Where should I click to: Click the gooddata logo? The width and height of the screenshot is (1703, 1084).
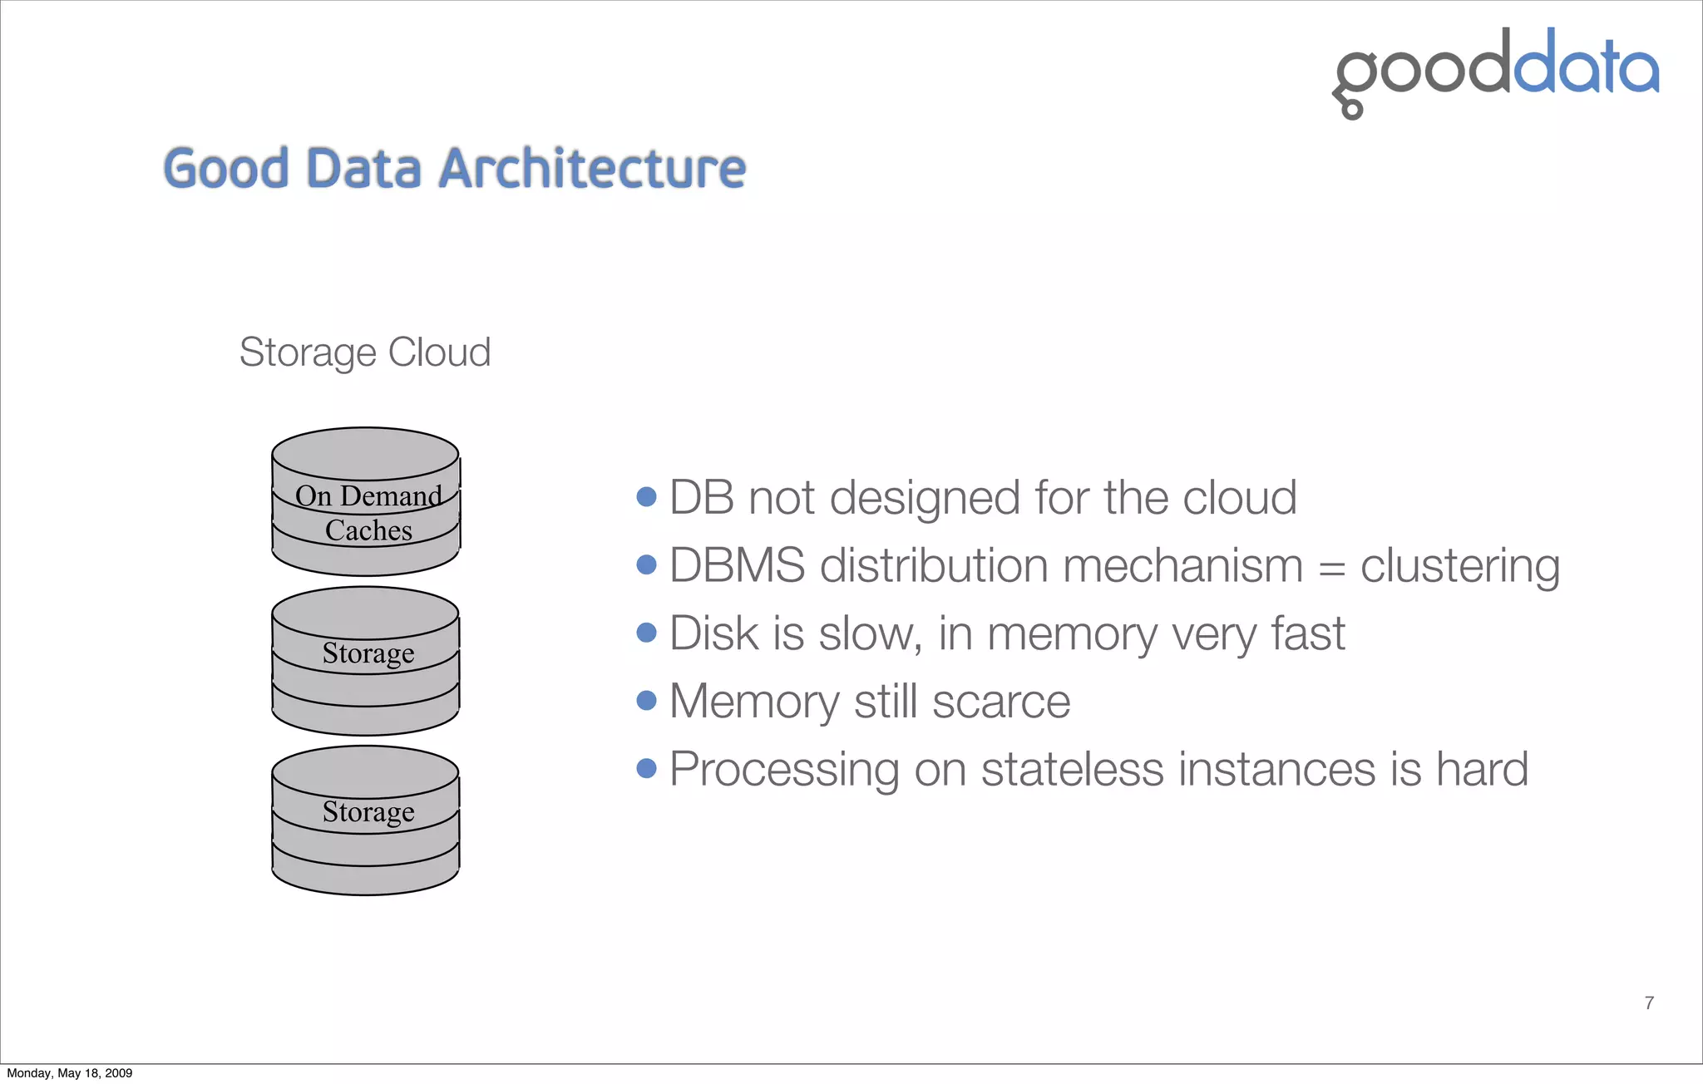point(1494,71)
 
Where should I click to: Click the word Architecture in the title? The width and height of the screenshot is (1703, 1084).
point(591,169)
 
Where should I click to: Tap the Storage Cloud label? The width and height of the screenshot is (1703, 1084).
point(364,352)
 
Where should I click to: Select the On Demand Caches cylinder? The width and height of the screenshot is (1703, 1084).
point(365,502)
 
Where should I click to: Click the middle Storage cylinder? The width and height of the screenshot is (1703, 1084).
point(365,661)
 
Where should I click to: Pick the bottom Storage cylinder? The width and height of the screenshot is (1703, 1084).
point(365,820)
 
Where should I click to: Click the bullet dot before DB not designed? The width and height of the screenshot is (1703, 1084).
point(646,497)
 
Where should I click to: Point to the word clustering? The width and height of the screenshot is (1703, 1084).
point(1459,566)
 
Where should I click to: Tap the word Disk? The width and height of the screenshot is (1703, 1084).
point(713,633)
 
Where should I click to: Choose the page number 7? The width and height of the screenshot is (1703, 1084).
point(1649,1003)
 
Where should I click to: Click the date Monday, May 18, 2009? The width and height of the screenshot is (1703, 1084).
point(70,1073)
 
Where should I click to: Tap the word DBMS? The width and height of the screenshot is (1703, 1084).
point(737,566)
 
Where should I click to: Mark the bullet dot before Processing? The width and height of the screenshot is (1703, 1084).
point(646,768)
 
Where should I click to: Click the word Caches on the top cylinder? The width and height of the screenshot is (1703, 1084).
point(368,530)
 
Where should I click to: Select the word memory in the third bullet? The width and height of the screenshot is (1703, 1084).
point(1072,635)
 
